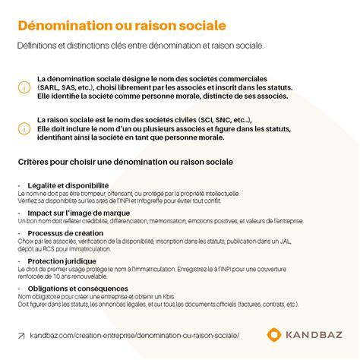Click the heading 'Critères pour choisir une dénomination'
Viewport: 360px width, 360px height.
(125, 162)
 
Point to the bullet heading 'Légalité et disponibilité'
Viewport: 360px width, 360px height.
(68, 185)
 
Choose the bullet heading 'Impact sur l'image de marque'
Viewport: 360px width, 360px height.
(78, 213)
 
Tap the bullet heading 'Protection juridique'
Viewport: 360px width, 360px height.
(62, 261)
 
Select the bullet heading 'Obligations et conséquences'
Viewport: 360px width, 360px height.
(77, 289)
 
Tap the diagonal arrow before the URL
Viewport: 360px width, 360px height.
(21, 335)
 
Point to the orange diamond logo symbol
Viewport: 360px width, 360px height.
(275, 335)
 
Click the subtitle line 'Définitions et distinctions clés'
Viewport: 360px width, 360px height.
(141, 46)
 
